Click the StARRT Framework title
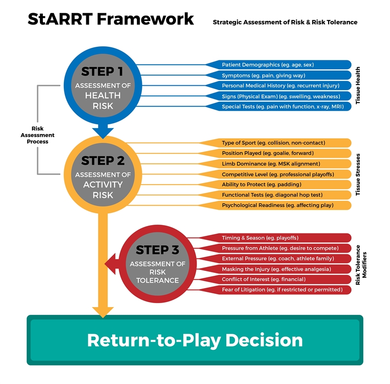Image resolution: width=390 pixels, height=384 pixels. tap(111, 19)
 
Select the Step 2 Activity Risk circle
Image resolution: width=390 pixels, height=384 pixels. tap(102, 175)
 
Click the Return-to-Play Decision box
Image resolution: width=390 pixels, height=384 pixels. tap(195, 340)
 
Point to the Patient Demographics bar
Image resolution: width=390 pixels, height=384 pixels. tap(278, 65)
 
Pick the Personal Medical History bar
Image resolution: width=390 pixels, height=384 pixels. tap(278, 86)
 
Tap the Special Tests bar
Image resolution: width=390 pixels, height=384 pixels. tap(278, 107)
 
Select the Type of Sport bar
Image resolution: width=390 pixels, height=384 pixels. tap(278, 143)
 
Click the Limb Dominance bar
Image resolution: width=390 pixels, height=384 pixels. tap(278, 164)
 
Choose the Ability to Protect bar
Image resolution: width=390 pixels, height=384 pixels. tap(278, 185)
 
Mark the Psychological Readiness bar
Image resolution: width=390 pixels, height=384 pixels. tap(278, 206)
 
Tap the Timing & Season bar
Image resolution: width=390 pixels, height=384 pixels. tap(278, 238)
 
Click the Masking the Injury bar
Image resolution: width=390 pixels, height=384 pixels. tap(278, 269)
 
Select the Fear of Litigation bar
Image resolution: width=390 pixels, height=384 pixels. tap(278, 290)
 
